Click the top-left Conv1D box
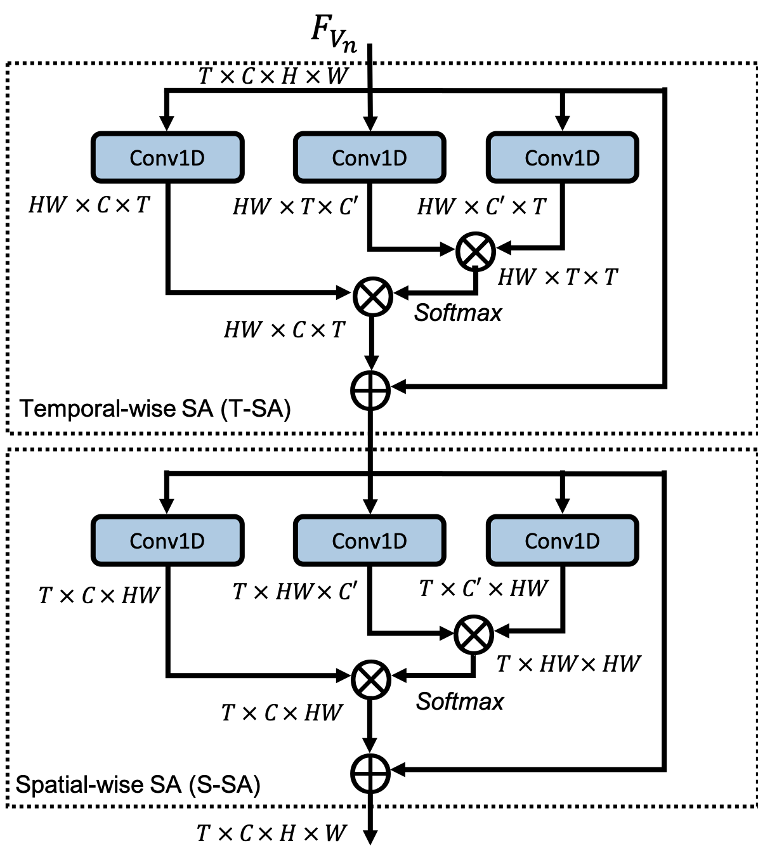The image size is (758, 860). [167, 157]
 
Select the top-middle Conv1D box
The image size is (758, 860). [369, 157]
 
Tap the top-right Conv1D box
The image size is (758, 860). [562, 157]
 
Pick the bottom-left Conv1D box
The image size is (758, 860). [167, 540]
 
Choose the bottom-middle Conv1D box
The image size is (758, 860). [369, 540]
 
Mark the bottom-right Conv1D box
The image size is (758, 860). [562, 540]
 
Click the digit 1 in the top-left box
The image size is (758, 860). [185, 157]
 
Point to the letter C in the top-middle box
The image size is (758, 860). [339, 158]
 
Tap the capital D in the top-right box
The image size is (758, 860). [592, 157]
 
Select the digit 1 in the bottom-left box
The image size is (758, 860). [185, 540]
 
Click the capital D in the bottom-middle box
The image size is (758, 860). [399, 540]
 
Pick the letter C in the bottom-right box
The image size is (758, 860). [532, 541]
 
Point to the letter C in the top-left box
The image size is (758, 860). [136, 158]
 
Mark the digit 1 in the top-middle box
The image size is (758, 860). [387, 157]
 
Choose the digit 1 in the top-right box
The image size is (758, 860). [580, 157]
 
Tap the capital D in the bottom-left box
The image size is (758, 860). [197, 540]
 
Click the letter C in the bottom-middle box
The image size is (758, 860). [339, 541]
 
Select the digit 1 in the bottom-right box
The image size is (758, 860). [580, 540]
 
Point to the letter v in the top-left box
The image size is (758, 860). [174, 159]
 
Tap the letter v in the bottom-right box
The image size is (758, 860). [569, 542]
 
